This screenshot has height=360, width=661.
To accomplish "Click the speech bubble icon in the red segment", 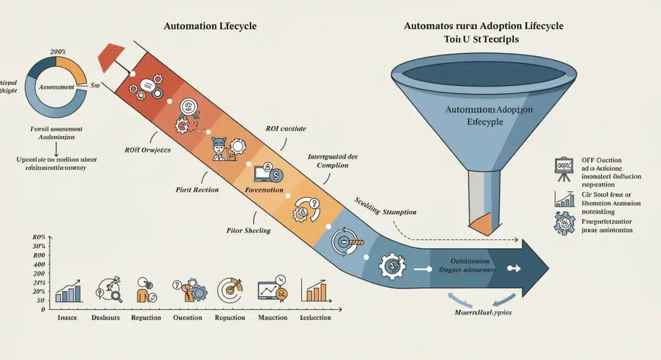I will pos(146,85).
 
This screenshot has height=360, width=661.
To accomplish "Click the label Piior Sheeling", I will pos(248,231).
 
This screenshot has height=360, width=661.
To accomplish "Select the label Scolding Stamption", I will pos(385,212).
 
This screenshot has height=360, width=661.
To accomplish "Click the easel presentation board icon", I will pos(563,167).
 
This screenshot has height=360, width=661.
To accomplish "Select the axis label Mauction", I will pos(273,318).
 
